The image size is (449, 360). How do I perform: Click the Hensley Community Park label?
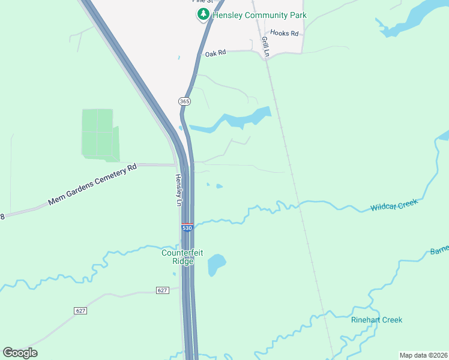click(259, 15)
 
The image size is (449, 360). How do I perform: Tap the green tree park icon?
click(203, 14)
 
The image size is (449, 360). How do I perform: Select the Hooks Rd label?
click(284, 33)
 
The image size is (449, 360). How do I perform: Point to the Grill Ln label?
click(265, 47)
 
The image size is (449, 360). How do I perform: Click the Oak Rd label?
click(215, 53)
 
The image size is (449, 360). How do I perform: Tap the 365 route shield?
click(184, 101)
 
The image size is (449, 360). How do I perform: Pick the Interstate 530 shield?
click(187, 228)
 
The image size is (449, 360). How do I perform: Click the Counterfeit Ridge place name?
click(182, 257)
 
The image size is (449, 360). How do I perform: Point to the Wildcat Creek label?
click(393, 205)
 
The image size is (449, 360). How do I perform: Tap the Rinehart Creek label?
click(376, 320)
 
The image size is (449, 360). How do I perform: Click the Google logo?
click(20, 353)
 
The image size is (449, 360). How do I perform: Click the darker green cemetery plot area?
click(99, 135)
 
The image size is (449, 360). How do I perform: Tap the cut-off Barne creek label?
click(439, 251)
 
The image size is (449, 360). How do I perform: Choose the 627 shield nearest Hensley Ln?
click(162, 290)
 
